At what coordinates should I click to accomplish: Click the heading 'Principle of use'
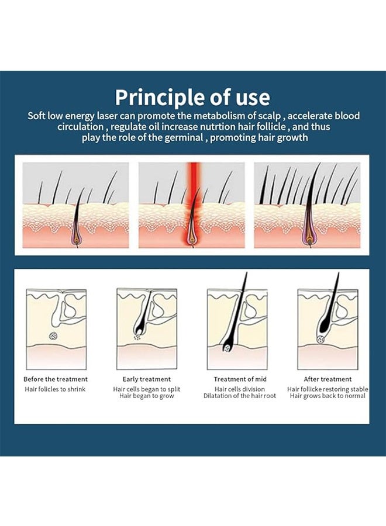coord(192,97)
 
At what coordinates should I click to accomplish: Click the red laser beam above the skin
coord(194,183)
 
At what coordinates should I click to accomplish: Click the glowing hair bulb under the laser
coord(192,237)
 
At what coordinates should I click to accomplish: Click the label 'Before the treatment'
coord(56,379)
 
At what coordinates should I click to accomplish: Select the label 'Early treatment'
coord(146,379)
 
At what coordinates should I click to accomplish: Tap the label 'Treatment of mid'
coord(240,379)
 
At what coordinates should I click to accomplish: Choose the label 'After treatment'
coord(328,379)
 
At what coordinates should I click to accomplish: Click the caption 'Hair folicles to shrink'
coord(55,389)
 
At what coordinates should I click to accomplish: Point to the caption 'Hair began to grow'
coord(147,396)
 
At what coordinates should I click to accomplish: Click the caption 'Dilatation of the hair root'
coord(240,396)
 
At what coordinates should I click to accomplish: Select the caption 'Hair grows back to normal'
coord(328,396)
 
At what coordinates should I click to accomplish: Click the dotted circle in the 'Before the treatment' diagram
coord(53,335)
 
